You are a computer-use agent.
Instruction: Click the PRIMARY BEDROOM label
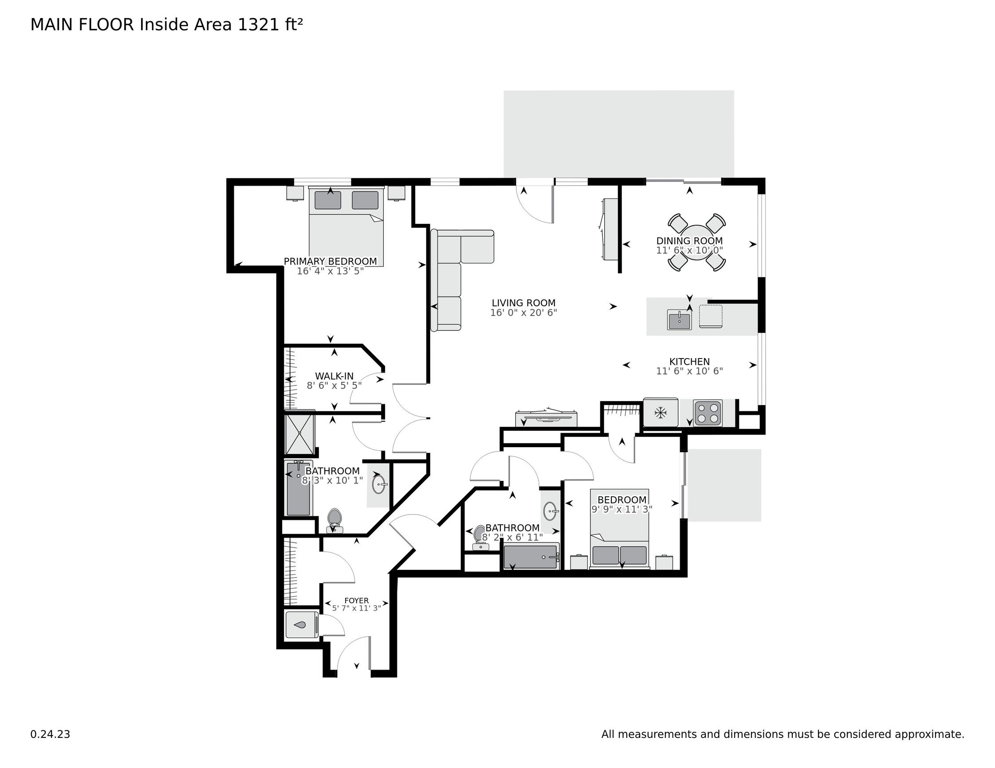coord(330,261)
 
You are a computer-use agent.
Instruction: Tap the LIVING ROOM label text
coord(523,303)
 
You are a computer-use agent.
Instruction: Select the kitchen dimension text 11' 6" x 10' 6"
coord(689,371)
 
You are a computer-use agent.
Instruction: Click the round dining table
coord(696,242)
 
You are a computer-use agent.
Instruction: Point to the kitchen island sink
coord(679,319)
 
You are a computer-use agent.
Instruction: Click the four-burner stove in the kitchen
coord(708,413)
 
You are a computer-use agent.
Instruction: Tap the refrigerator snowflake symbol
coord(660,413)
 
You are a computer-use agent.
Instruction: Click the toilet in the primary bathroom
coord(335,520)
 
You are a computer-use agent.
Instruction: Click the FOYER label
coord(356,600)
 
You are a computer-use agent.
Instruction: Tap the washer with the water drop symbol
coord(301,624)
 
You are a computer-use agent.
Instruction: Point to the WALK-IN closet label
coord(334,376)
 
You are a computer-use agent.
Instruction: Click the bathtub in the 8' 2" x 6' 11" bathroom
coord(531,557)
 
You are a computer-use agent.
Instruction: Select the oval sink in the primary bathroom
coord(378,484)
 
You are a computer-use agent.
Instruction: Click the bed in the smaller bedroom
coord(620,529)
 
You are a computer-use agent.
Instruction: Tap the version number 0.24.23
coord(50,734)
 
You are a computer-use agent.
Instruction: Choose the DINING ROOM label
coord(689,241)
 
